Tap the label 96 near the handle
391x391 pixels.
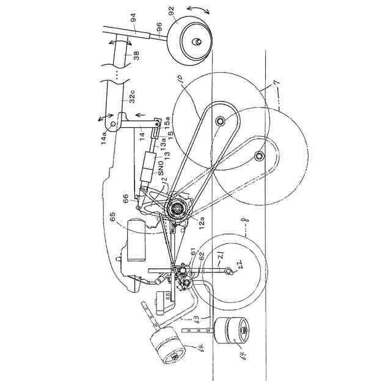159,26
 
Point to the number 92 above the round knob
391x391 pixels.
171,11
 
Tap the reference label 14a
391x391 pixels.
104,131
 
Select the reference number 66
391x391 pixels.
126,198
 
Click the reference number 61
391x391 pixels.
194,252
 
